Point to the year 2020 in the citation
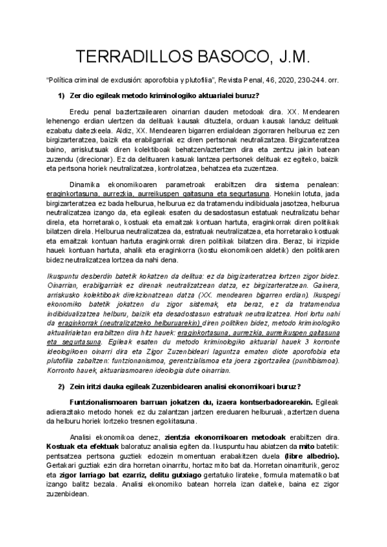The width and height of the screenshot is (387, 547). (284, 82)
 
